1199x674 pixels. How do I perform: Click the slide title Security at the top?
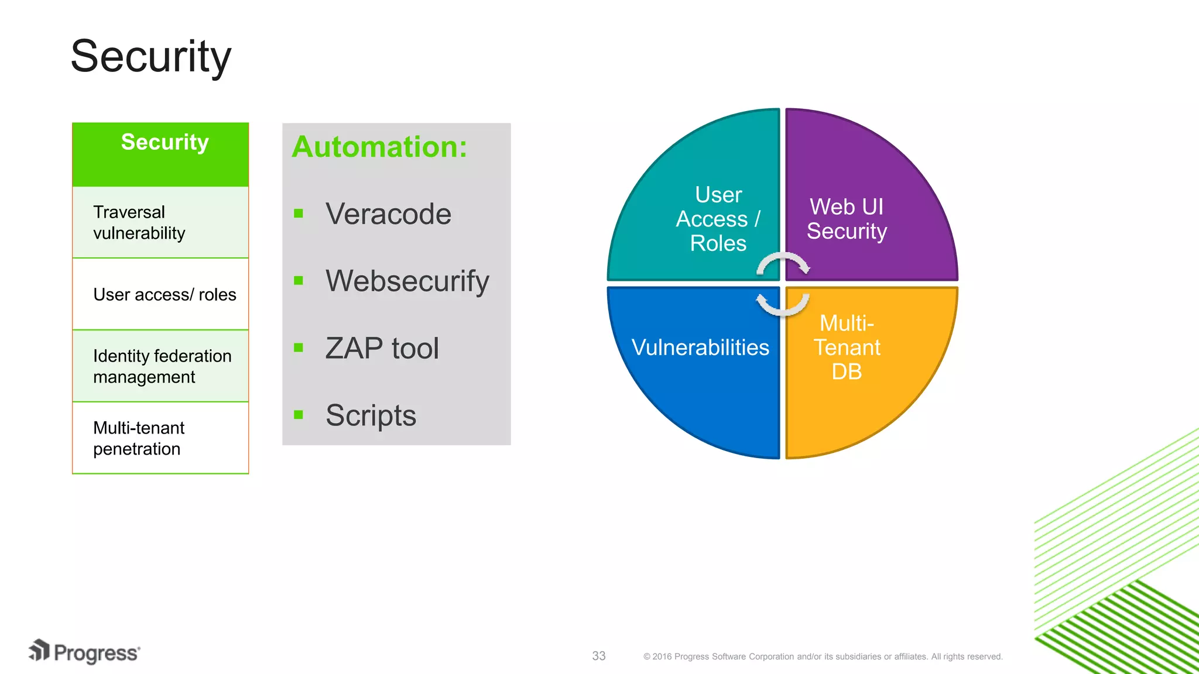tap(151, 57)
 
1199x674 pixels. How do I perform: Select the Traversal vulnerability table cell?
tap(139, 222)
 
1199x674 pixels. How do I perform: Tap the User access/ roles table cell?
tap(165, 294)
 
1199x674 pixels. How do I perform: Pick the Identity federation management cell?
tap(162, 366)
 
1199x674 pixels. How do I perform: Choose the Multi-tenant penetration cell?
tap(139, 438)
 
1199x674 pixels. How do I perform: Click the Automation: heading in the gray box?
tap(379, 147)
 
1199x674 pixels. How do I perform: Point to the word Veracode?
tap(388, 214)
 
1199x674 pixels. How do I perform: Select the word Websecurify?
tap(407, 281)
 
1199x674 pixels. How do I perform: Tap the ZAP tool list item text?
tap(382, 349)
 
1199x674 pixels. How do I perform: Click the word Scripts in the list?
tap(371, 415)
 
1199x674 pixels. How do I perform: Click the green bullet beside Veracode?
tap(299, 214)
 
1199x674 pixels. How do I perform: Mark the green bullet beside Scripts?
tap(299, 415)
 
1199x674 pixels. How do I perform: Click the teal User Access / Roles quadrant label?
tap(718, 219)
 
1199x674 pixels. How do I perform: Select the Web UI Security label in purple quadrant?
tap(847, 219)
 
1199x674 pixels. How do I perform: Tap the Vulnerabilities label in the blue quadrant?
tap(700, 348)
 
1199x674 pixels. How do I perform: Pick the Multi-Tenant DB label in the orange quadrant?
tap(847, 348)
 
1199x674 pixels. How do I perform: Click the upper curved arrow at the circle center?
tap(783, 263)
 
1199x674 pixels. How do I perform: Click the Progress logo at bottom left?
tap(85, 652)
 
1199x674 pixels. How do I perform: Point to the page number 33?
tap(598, 656)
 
